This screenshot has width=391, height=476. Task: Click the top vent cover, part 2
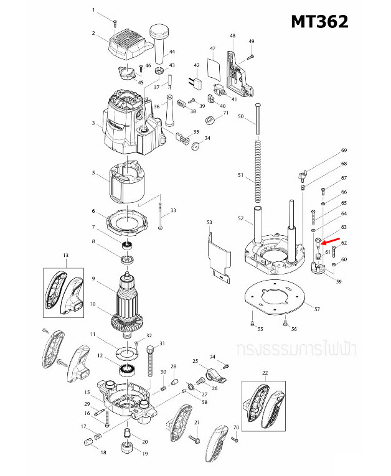128,43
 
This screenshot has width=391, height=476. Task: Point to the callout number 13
65,255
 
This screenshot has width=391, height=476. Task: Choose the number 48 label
232,36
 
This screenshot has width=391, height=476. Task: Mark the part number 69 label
343,151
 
